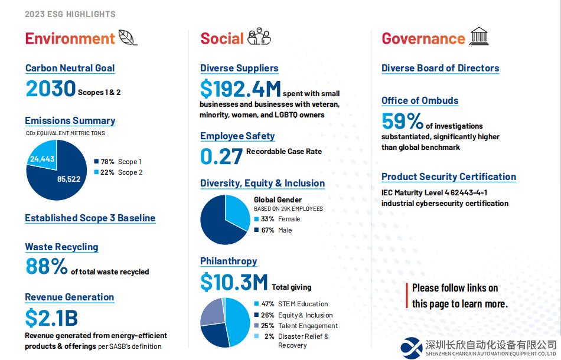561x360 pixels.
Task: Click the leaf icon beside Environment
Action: (x=128, y=38)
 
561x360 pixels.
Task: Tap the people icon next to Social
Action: (x=259, y=37)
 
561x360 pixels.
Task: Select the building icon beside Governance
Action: (x=479, y=37)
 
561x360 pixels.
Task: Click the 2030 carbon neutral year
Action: (x=51, y=89)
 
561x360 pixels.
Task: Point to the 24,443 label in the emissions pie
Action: (x=43, y=159)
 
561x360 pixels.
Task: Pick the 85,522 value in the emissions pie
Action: (x=69, y=179)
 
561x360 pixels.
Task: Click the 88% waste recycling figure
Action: (x=47, y=267)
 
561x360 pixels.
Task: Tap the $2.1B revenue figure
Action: (x=51, y=318)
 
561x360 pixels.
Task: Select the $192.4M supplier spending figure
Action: (x=240, y=89)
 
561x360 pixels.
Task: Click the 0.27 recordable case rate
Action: (x=221, y=156)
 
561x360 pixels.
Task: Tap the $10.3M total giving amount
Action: (x=234, y=283)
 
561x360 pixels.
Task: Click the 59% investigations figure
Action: (x=402, y=122)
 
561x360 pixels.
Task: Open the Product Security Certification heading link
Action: (x=448, y=176)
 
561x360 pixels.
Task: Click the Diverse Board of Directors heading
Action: (x=440, y=68)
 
